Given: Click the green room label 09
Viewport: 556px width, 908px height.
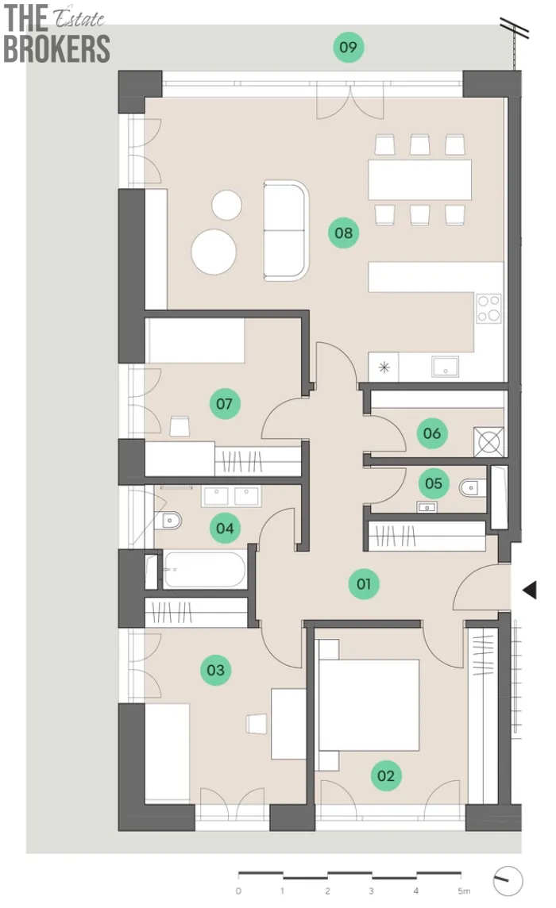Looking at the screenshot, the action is pos(349,47).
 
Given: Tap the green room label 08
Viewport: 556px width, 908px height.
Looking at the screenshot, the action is pos(343,233).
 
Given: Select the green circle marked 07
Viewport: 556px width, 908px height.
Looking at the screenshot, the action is pos(224,404).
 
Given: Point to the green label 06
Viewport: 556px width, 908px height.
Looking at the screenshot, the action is pos(432,433).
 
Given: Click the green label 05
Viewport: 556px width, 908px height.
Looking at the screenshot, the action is pos(434,483).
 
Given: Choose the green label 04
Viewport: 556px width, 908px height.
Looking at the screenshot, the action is pos(225,528).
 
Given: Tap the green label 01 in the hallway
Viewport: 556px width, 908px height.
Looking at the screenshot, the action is pos(364,583).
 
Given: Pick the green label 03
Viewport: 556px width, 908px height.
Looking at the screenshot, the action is pos(216,670).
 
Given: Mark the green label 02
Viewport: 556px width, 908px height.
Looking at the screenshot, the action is pos(386,776).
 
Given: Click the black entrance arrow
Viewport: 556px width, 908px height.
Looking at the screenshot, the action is pos(530,590).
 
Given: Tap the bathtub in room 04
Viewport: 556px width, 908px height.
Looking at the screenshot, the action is pos(204,570).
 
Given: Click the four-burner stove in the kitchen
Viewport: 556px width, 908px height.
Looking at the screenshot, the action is pos(488,308).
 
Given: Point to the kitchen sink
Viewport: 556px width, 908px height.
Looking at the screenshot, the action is pos(446,367).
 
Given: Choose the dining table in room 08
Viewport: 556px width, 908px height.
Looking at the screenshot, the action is pos(419,179).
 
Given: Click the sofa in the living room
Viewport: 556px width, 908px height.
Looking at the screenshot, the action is pos(286,230).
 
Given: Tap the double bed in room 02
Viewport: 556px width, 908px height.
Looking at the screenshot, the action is pos(368,706).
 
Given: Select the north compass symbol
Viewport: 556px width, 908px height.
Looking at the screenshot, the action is pos(508,881).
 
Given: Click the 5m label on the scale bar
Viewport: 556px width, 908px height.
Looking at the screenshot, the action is pos(464,891).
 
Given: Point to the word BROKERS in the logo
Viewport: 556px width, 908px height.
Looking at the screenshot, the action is pos(57,48).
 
